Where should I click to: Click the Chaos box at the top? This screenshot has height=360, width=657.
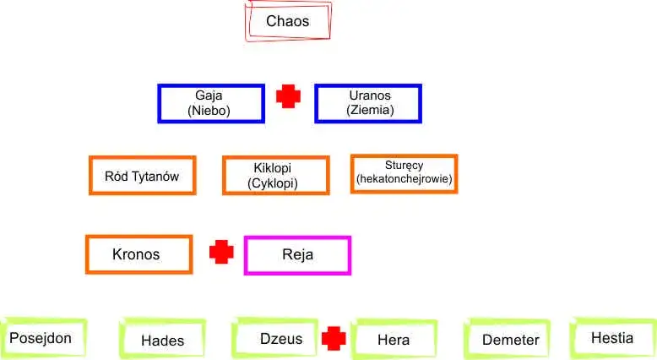[x=288, y=21]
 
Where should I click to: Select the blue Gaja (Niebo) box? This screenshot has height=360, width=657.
[x=210, y=103]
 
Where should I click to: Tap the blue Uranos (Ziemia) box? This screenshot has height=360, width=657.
[x=368, y=103]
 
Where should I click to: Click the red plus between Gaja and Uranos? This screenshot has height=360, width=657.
[x=289, y=96]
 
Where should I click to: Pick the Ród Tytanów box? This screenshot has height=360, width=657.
[x=142, y=176]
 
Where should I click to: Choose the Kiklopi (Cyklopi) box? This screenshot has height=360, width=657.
[x=275, y=176]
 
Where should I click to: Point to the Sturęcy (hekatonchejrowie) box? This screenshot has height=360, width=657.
[x=404, y=173]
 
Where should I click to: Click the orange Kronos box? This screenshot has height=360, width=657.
[x=138, y=254]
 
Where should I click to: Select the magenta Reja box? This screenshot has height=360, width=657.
[x=297, y=254]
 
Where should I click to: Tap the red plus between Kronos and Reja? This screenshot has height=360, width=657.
[x=221, y=252]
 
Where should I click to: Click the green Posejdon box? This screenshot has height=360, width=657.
[x=41, y=339]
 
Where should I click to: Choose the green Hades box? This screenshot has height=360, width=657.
[x=162, y=341]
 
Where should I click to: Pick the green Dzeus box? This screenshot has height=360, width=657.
[x=276, y=339]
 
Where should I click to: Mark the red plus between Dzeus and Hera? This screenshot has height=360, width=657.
[x=334, y=339]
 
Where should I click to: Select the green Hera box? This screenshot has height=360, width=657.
[x=394, y=340]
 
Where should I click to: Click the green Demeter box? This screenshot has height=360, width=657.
[x=510, y=340]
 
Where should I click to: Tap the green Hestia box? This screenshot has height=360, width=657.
[x=612, y=337]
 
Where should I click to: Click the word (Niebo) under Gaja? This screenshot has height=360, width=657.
[x=209, y=111]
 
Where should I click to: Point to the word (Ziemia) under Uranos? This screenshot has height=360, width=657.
[x=370, y=110]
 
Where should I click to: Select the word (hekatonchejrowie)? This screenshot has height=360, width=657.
[x=405, y=179]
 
